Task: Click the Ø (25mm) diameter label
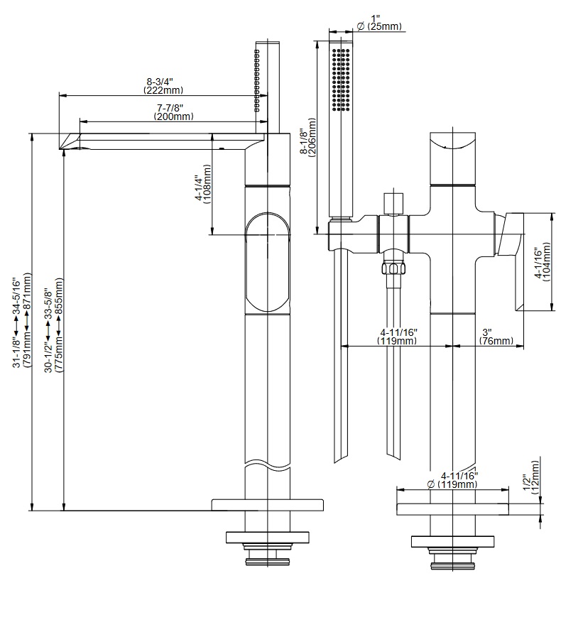(x=378, y=27)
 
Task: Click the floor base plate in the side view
(x=267, y=505)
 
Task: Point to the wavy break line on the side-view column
(x=267, y=465)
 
